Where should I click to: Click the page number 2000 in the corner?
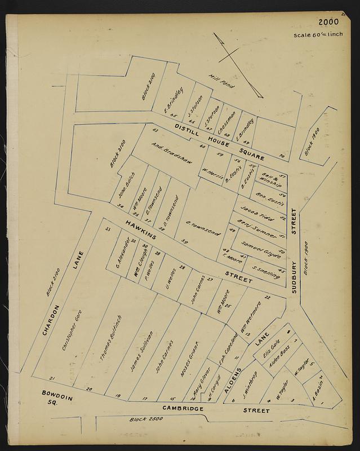pos(328,23)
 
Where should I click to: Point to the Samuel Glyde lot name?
pos(261,248)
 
